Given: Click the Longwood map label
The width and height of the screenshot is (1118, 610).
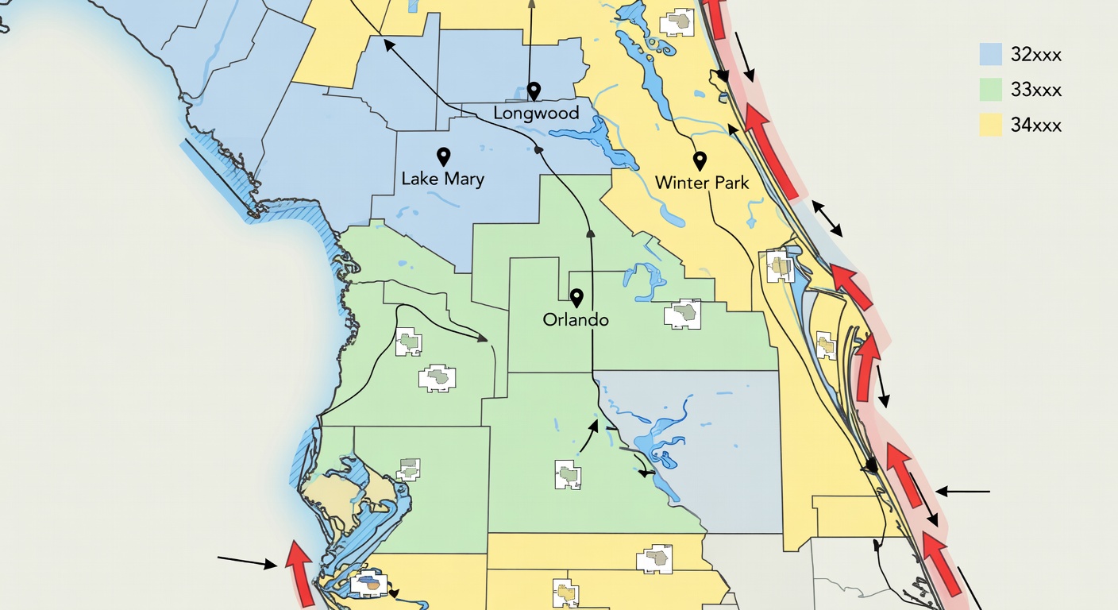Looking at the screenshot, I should click(536, 113).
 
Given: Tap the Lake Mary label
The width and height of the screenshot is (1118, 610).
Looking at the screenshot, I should click(442, 178).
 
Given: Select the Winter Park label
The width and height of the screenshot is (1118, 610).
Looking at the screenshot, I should click(702, 183).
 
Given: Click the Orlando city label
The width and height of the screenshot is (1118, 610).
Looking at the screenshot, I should click(576, 320).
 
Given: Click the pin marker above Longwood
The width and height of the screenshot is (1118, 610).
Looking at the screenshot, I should click(534, 91).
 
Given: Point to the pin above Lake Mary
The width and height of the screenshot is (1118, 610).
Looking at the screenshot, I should click(443, 156).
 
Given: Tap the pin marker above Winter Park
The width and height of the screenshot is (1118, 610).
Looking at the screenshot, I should click(700, 160).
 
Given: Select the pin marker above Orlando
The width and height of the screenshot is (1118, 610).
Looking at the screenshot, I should click(576, 297).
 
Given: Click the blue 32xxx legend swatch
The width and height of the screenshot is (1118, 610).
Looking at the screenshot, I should click(990, 54).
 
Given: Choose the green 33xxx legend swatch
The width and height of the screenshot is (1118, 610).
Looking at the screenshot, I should click(990, 90).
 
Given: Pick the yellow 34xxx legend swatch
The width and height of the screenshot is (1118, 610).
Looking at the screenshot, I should click(990, 125).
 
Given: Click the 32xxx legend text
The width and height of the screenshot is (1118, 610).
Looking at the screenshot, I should click(1036, 55).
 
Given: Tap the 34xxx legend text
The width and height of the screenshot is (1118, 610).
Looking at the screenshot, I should click(1036, 125).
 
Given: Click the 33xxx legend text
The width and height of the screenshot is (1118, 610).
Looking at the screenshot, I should click(1036, 90).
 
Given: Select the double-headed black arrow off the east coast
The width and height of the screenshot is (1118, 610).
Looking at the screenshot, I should click(827, 218).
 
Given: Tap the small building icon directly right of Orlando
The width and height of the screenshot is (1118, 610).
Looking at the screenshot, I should click(683, 315).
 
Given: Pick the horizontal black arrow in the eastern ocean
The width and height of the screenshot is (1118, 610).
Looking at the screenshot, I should click(962, 492).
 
